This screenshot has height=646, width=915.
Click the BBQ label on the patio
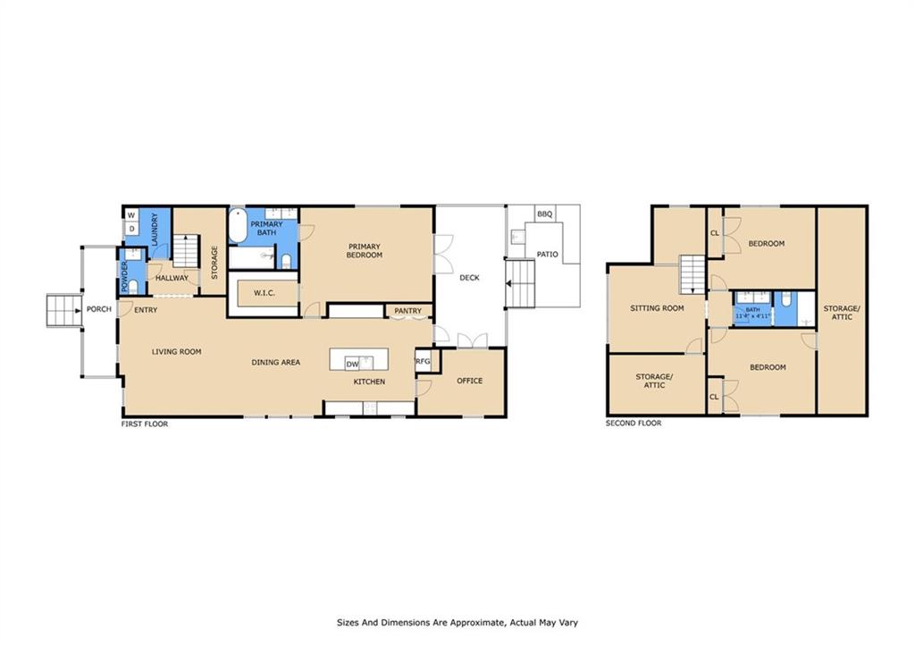544,214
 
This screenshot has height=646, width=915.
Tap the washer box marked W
131,215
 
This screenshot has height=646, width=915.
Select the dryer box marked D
132,229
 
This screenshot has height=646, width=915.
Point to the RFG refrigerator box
423,361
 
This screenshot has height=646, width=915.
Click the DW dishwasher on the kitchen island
352,365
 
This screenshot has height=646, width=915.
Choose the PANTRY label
407,311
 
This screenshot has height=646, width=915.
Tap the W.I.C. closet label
264,293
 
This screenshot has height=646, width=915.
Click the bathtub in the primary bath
238,226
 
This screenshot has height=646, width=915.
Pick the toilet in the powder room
133,286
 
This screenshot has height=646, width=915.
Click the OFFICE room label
470,381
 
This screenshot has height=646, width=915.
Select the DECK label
469,278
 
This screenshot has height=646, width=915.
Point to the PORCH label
98,308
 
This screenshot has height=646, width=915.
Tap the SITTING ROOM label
657,308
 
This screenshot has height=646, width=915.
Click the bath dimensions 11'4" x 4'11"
752,315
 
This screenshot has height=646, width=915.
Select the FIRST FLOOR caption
145,424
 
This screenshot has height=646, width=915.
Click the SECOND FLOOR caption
634,424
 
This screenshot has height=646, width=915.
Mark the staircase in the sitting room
693,274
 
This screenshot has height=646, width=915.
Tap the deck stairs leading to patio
520,284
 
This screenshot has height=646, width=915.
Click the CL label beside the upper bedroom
714,233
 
